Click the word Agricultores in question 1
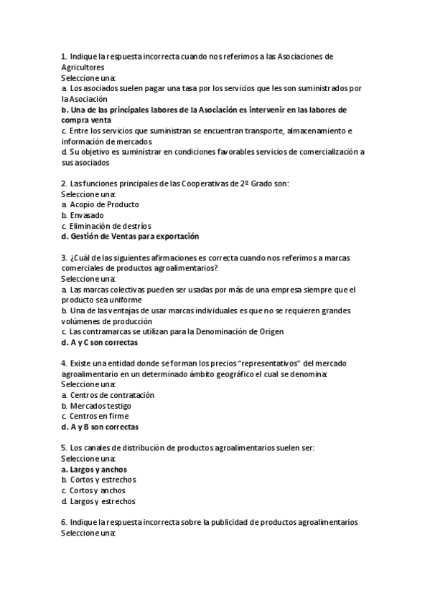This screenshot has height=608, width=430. (83, 67)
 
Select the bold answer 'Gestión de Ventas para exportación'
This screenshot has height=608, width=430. (134, 236)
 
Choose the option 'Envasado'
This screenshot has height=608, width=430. (87, 215)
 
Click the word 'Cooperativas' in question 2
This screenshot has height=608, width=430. (202, 184)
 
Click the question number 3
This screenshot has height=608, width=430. (63, 257)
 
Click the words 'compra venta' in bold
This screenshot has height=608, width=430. (85, 120)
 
